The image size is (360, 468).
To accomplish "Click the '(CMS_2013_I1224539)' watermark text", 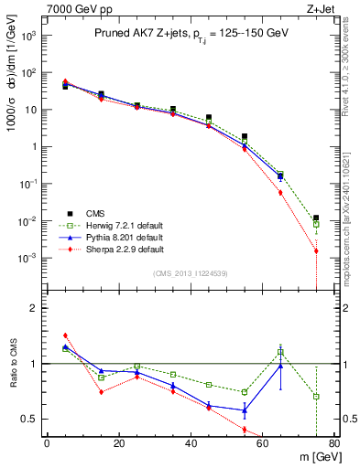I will click(x=191, y=272).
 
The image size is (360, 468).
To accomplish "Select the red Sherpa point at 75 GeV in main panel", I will click(x=316, y=250).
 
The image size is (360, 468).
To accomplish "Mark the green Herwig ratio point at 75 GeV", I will click(x=316, y=397).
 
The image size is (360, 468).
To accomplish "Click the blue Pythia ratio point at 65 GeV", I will click(x=280, y=366).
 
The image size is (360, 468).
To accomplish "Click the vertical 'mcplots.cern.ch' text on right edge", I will click(x=352, y=210).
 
